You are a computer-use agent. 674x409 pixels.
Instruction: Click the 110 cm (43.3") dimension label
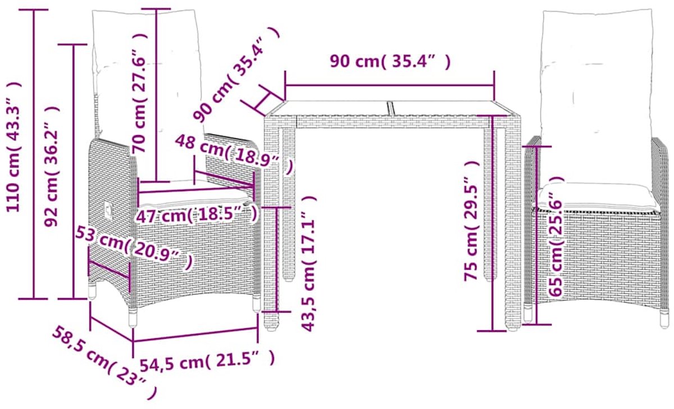(13, 147)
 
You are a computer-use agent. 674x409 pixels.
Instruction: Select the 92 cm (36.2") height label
(52, 166)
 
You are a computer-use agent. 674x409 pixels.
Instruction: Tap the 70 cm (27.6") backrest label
(140, 92)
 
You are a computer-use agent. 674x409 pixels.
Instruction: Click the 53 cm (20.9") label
(134, 248)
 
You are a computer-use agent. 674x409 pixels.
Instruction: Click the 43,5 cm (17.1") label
(308, 263)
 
